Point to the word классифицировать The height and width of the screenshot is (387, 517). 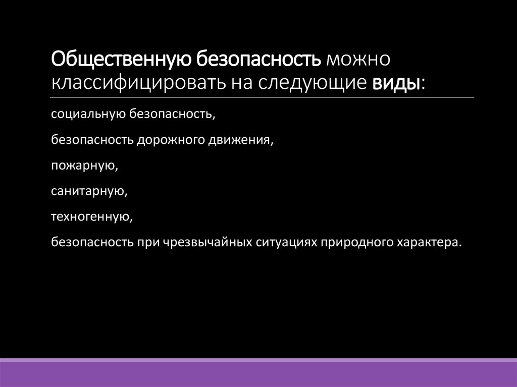tap(139, 82)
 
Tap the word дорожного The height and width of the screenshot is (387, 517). tap(171, 140)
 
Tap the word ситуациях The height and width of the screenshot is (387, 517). tap(287, 242)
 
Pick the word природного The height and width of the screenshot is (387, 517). tap(355, 242)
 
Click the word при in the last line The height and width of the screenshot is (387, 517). tap(147, 242)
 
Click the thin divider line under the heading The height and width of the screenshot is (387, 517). tap(263, 97)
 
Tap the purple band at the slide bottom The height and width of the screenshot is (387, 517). tap(258, 373)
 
